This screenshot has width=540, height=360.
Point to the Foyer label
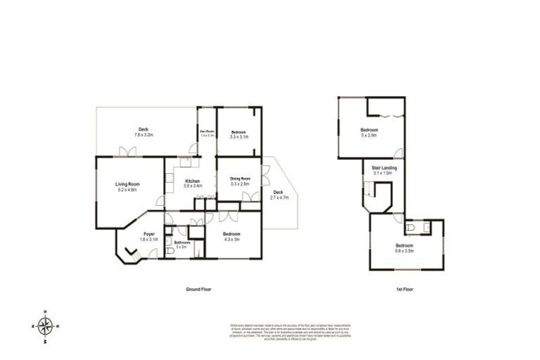[x=149, y=236]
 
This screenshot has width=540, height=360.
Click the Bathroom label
[x=181, y=245]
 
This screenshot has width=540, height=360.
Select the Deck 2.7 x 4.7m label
[x=278, y=195]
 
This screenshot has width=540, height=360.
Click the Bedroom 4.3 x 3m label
[x=231, y=236]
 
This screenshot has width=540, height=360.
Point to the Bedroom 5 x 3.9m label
[x=369, y=133]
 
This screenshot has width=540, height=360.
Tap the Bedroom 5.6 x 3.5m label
[x=404, y=247]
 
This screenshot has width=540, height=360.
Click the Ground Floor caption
[x=198, y=289]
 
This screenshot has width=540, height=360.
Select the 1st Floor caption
[x=404, y=289]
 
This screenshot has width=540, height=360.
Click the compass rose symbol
[x=46, y=326]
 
